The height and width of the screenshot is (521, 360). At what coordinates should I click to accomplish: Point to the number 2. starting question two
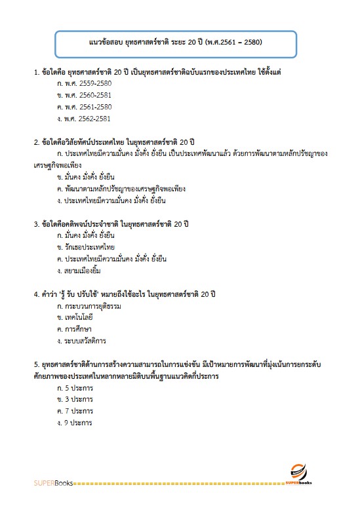pyautogui.click(x=37, y=142)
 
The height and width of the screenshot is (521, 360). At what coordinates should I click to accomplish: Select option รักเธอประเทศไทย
pyautogui.click(x=86, y=247)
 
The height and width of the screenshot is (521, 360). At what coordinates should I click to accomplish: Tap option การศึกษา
pyautogui.click(x=75, y=329)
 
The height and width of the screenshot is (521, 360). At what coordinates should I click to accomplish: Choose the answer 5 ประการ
pyautogui.click(x=75, y=388)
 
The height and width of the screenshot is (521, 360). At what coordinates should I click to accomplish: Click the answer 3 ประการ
pyautogui.click(x=75, y=399)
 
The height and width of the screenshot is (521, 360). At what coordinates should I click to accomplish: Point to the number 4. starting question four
pyautogui.click(x=37, y=294)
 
